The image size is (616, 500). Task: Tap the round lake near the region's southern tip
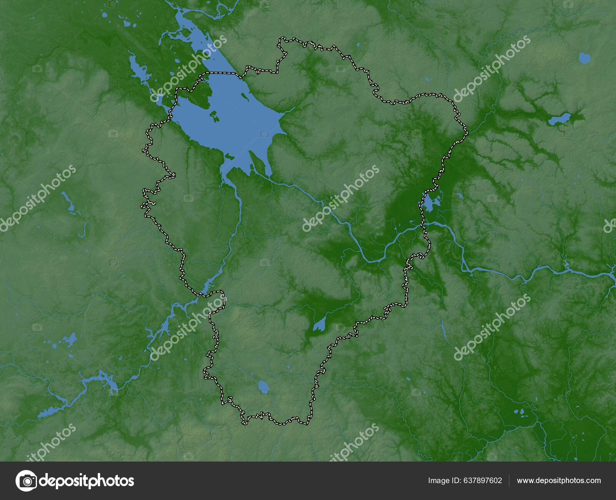[x=264, y=387]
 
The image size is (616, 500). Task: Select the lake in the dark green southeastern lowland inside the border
[x=319, y=325]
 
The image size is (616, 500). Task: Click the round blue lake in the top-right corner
[x=584, y=58]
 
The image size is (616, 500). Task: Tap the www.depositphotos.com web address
[x=559, y=480]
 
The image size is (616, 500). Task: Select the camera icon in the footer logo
[x=26, y=480]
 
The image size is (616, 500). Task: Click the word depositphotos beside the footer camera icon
[x=87, y=480]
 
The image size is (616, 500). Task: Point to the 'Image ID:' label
[x=443, y=480]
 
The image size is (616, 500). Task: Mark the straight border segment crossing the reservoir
[x=221, y=72]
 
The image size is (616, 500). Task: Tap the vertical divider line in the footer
[x=509, y=480]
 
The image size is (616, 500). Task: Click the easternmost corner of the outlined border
[x=467, y=133]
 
